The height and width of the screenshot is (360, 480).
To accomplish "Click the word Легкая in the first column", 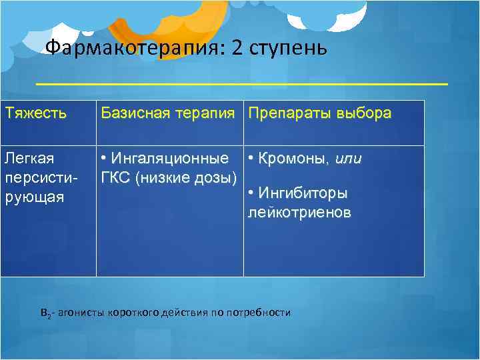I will click(29, 159).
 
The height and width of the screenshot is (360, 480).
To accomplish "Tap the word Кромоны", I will click(294, 159).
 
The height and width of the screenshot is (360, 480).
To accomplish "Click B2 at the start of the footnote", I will click(45, 313).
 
